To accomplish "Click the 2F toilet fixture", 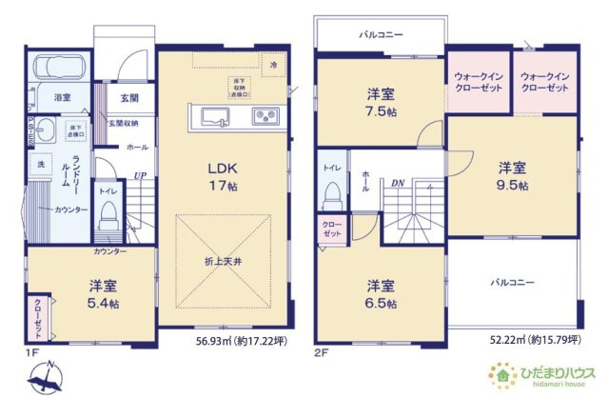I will click(x=330, y=193).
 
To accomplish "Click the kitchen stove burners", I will click(x=264, y=117).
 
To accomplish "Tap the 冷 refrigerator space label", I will click(x=273, y=64).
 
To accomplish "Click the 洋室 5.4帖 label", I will click(x=103, y=295).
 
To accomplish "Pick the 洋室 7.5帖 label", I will click(x=382, y=102).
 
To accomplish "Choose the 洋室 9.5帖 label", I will click(x=512, y=177).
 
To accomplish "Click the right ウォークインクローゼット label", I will click(x=545, y=82).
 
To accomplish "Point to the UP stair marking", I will click(x=141, y=175).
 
